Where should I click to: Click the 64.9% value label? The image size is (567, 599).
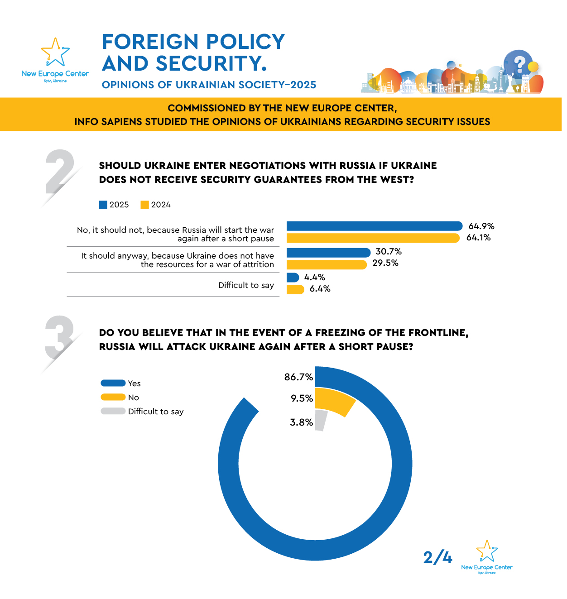(x=481, y=226)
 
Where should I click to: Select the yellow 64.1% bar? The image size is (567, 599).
(x=373, y=238)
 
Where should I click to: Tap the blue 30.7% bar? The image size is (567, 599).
(x=328, y=252)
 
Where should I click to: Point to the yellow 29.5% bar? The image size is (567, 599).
(x=326, y=264)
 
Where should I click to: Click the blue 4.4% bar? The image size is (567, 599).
(x=293, y=277)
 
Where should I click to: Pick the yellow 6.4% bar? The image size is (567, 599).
(x=295, y=289)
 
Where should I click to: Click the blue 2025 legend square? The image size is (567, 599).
(x=103, y=205)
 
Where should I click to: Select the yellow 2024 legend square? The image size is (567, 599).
(x=145, y=205)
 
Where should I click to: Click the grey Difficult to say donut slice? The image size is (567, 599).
(x=320, y=420)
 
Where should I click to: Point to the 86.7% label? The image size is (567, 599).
(x=298, y=377)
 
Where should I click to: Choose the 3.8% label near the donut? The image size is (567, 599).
(x=301, y=422)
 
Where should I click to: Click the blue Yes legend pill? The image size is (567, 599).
(x=113, y=383)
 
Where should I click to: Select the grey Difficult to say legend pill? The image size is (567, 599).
(x=113, y=411)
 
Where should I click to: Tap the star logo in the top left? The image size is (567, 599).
(x=55, y=53)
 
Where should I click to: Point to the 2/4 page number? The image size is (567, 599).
(x=437, y=557)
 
